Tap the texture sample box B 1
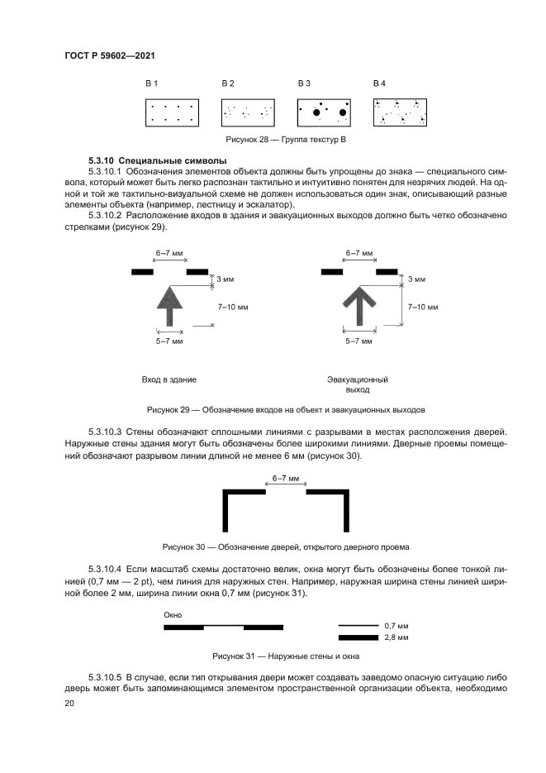[172, 113]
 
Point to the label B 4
[379, 84]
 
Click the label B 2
[227, 84]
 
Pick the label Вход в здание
[169, 379]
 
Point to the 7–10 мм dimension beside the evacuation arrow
[422, 307]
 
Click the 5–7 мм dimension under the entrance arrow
[169, 341]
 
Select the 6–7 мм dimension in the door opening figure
[286, 477]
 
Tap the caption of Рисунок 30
[286, 546]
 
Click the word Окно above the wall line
[173, 615]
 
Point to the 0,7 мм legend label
[396, 626]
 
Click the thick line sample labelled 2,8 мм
[358, 638]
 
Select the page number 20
[69, 703]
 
